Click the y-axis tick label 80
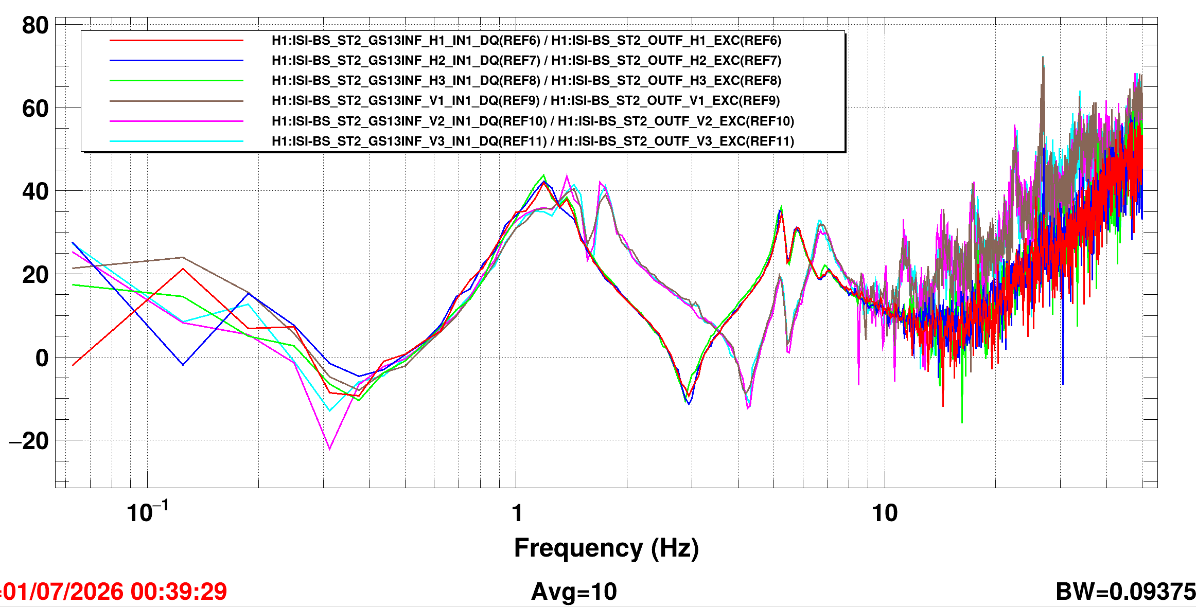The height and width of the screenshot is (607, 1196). coord(35,25)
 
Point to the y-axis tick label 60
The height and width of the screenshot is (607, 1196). coord(35,109)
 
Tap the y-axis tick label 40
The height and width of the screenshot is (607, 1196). coord(35,191)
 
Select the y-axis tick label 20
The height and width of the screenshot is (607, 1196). coord(35,275)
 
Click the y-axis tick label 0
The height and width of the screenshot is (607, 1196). coord(42,358)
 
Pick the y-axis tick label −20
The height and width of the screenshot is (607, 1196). coord(29,441)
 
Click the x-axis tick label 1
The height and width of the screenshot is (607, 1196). coord(517,513)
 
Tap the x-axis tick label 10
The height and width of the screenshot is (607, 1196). coord(885,513)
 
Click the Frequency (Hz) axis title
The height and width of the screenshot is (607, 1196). coord(606,548)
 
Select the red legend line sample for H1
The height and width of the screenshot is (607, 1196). coord(177,40)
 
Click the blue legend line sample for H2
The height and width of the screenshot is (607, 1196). coord(177,60)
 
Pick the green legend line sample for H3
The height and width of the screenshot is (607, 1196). coord(177,80)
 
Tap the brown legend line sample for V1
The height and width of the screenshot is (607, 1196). coord(177,101)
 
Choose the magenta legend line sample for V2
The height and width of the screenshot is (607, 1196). coord(177,121)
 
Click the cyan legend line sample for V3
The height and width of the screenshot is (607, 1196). coord(177,141)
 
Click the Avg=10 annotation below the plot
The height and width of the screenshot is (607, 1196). coord(574,592)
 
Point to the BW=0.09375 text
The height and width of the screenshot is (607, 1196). coord(1125,592)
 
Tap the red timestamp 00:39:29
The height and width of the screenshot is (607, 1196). coord(179,592)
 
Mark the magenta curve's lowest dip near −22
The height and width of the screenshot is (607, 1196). coord(329,449)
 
